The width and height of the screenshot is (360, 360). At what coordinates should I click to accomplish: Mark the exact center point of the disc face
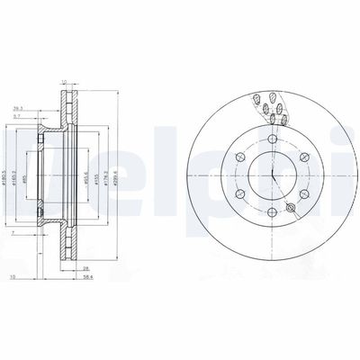(x=270, y=173)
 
